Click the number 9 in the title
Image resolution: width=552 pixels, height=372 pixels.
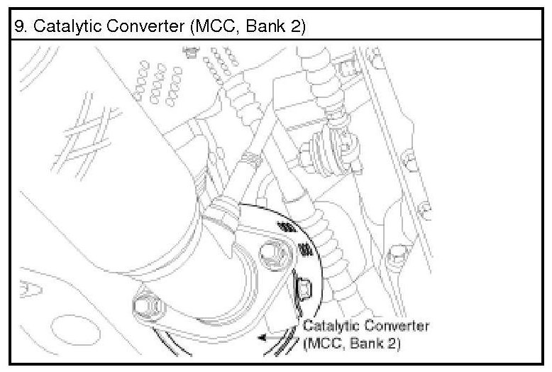tap(19, 27)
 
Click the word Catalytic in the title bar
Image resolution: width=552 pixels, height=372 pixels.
tap(62, 27)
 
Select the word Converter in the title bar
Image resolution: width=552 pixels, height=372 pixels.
tap(136, 27)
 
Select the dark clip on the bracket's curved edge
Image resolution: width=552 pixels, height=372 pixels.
tap(302, 288)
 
